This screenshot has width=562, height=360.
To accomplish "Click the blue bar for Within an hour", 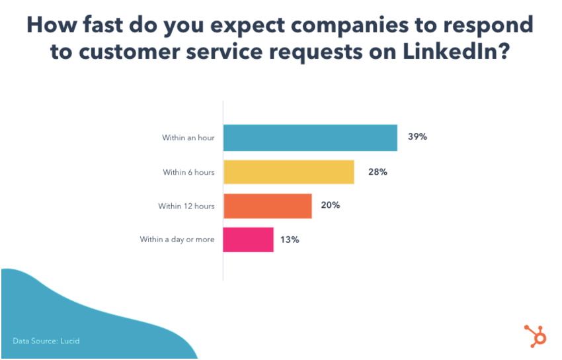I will [310, 138].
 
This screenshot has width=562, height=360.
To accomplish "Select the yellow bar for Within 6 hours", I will [288, 172].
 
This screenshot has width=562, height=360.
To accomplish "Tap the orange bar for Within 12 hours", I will [267, 206].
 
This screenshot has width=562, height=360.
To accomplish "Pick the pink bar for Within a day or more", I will [248, 240].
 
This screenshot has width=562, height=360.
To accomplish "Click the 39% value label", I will [417, 138].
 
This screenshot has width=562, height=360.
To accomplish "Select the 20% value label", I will [331, 206].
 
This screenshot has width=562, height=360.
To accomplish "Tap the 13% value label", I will [290, 240].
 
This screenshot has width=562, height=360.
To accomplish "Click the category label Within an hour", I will [188, 138].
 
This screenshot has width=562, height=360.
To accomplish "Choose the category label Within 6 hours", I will [189, 172].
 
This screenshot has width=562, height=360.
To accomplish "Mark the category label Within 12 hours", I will [186, 206].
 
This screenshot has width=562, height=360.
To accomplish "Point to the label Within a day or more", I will [177, 240].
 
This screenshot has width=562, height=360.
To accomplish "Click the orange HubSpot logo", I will [535, 336].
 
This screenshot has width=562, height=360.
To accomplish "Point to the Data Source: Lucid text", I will [46, 341].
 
